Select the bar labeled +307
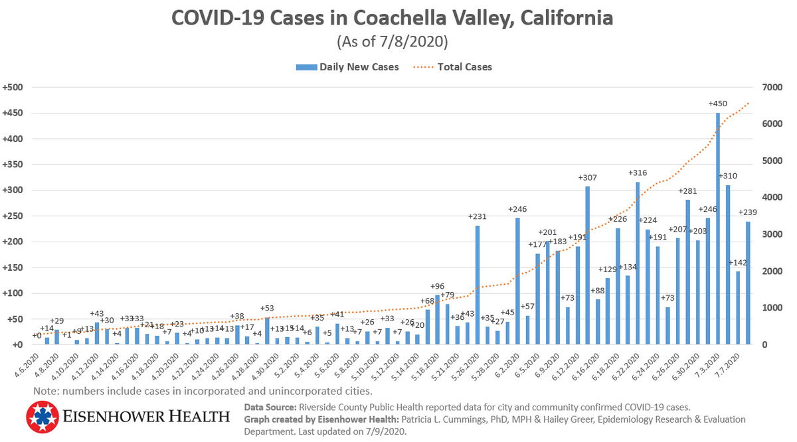coord(587,265)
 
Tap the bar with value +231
coord(478,285)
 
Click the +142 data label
coord(738,263)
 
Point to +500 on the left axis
coord(13,88)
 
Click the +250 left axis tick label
coord(13,216)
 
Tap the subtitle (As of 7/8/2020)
coord(392,42)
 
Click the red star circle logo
coord(44,417)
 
